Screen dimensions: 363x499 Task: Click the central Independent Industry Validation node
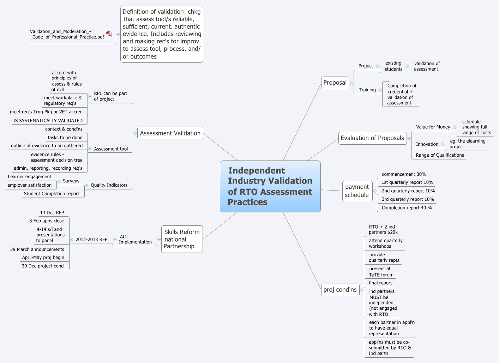click(270, 186)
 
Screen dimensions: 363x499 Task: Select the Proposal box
click(335, 83)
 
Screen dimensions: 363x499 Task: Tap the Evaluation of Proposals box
click(372, 138)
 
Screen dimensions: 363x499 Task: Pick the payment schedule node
click(357, 191)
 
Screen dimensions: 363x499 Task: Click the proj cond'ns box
click(340, 290)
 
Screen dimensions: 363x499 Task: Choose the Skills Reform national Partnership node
click(182, 239)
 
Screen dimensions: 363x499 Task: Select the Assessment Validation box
click(170, 133)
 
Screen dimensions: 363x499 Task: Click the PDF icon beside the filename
click(109, 34)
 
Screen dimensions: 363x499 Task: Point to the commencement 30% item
click(404, 174)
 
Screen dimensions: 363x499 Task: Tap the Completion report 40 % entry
click(407, 208)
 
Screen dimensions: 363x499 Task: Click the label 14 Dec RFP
click(52, 213)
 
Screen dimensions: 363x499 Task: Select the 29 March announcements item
click(37, 249)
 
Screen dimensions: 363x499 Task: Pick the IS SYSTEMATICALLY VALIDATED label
click(48, 121)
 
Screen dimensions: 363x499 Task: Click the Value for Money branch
click(433, 127)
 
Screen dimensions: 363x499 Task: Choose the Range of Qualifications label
click(440, 155)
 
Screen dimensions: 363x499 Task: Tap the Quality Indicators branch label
click(109, 185)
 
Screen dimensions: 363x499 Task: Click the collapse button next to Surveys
click(59, 181)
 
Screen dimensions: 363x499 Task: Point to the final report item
click(380, 283)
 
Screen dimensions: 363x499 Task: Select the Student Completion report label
click(52, 194)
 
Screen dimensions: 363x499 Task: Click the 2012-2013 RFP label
click(91, 240)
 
